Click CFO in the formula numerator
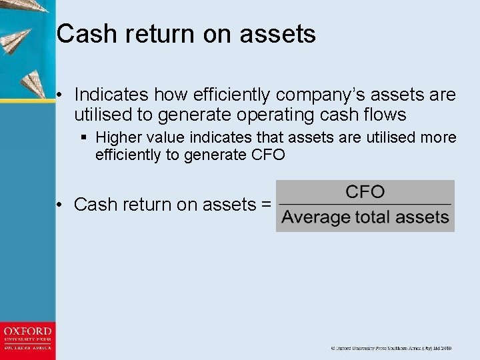click(x=365, y=193)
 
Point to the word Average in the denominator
click(x=316, y=217)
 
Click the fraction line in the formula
click(x=365, y=204)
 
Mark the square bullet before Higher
click(x=84, y=138)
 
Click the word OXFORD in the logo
click(x=27, y=331)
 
